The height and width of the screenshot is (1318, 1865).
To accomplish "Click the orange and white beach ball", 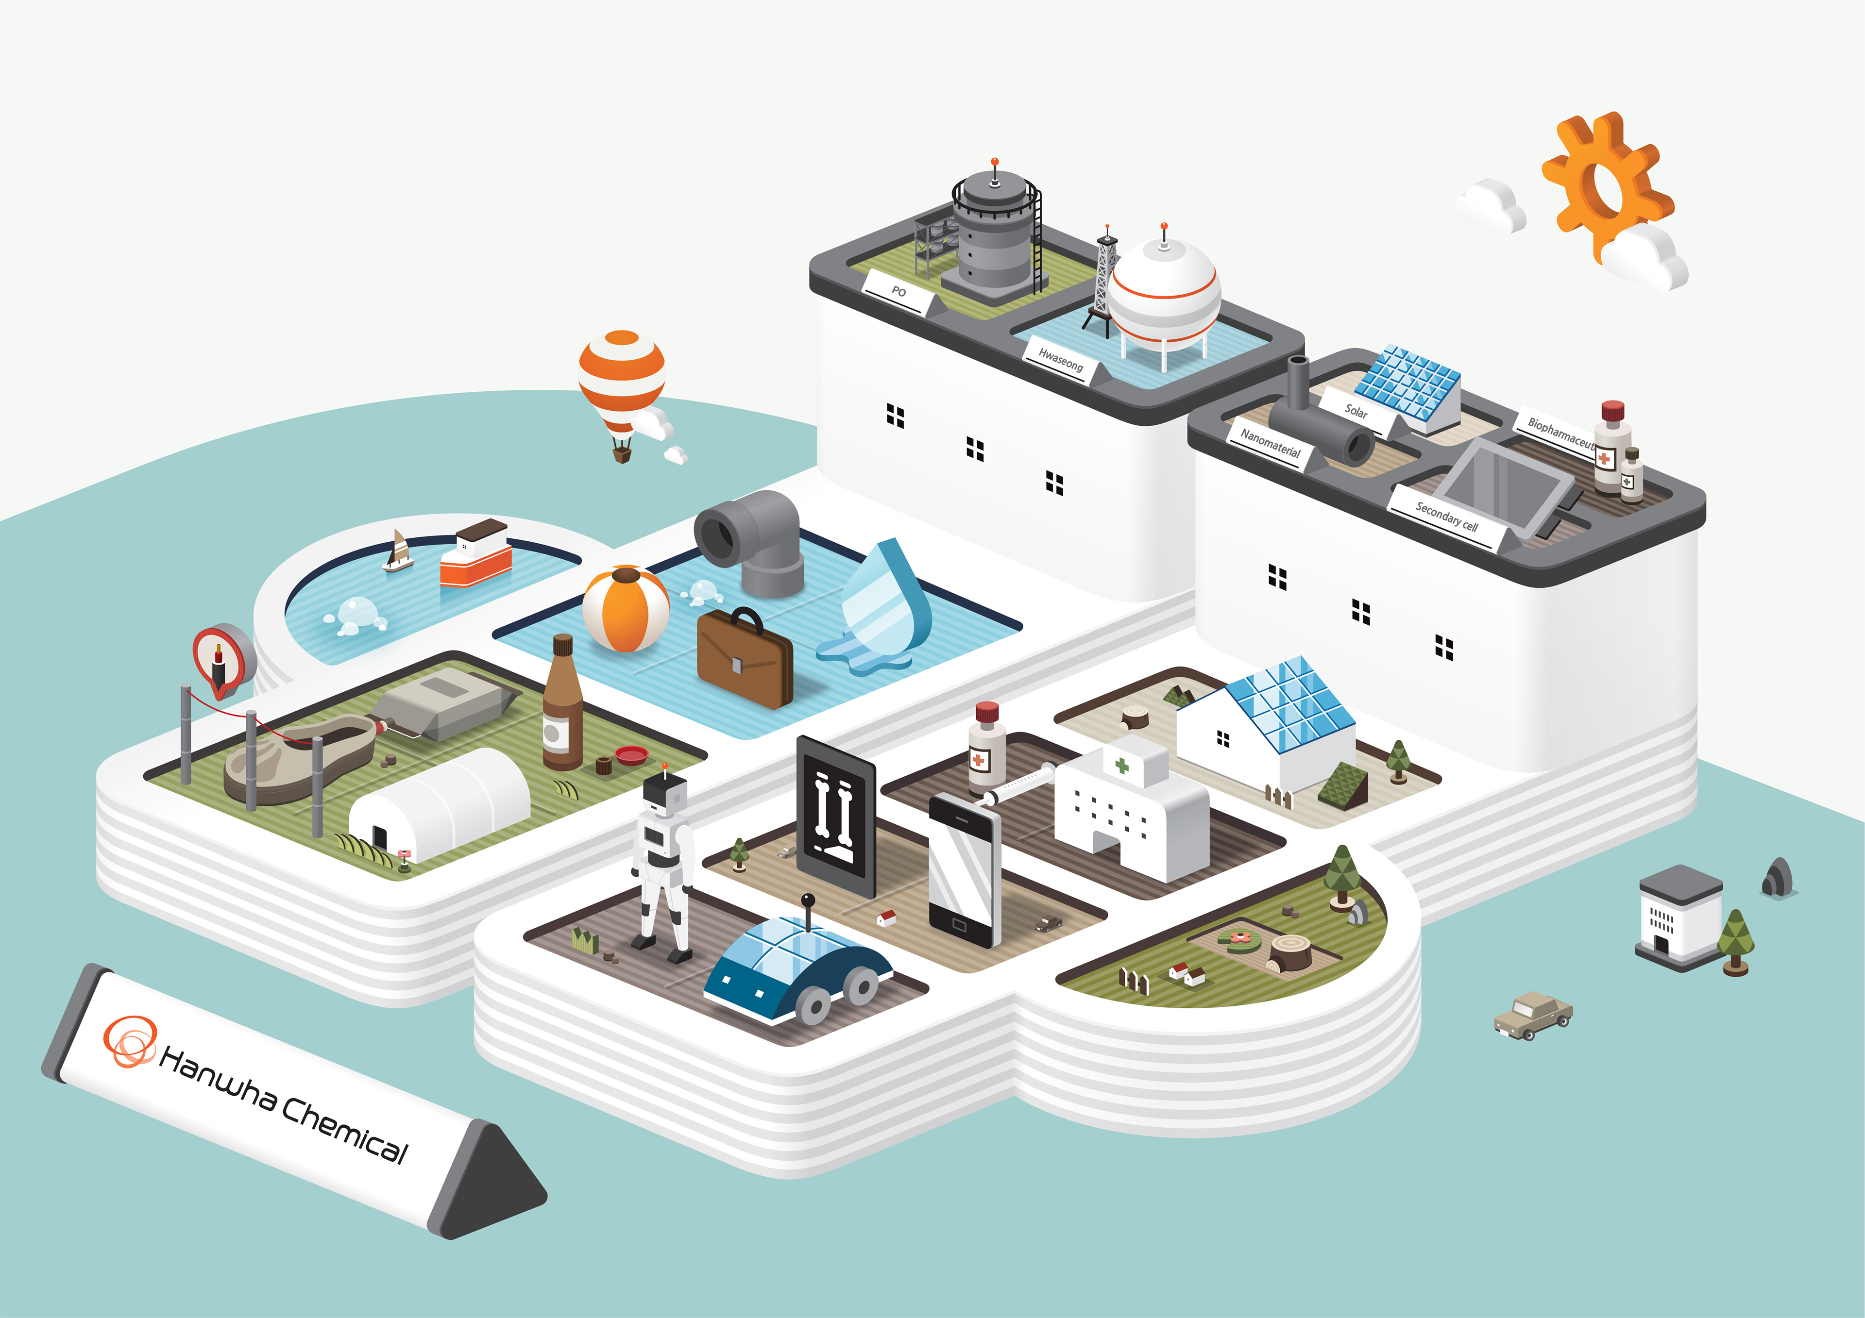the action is coord(626,609).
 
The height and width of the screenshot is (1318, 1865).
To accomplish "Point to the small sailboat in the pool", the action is coord(398,552).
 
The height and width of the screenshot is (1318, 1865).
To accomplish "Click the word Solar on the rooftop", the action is coord(1356,411).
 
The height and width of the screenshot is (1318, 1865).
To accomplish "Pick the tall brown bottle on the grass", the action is coord(562,706).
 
